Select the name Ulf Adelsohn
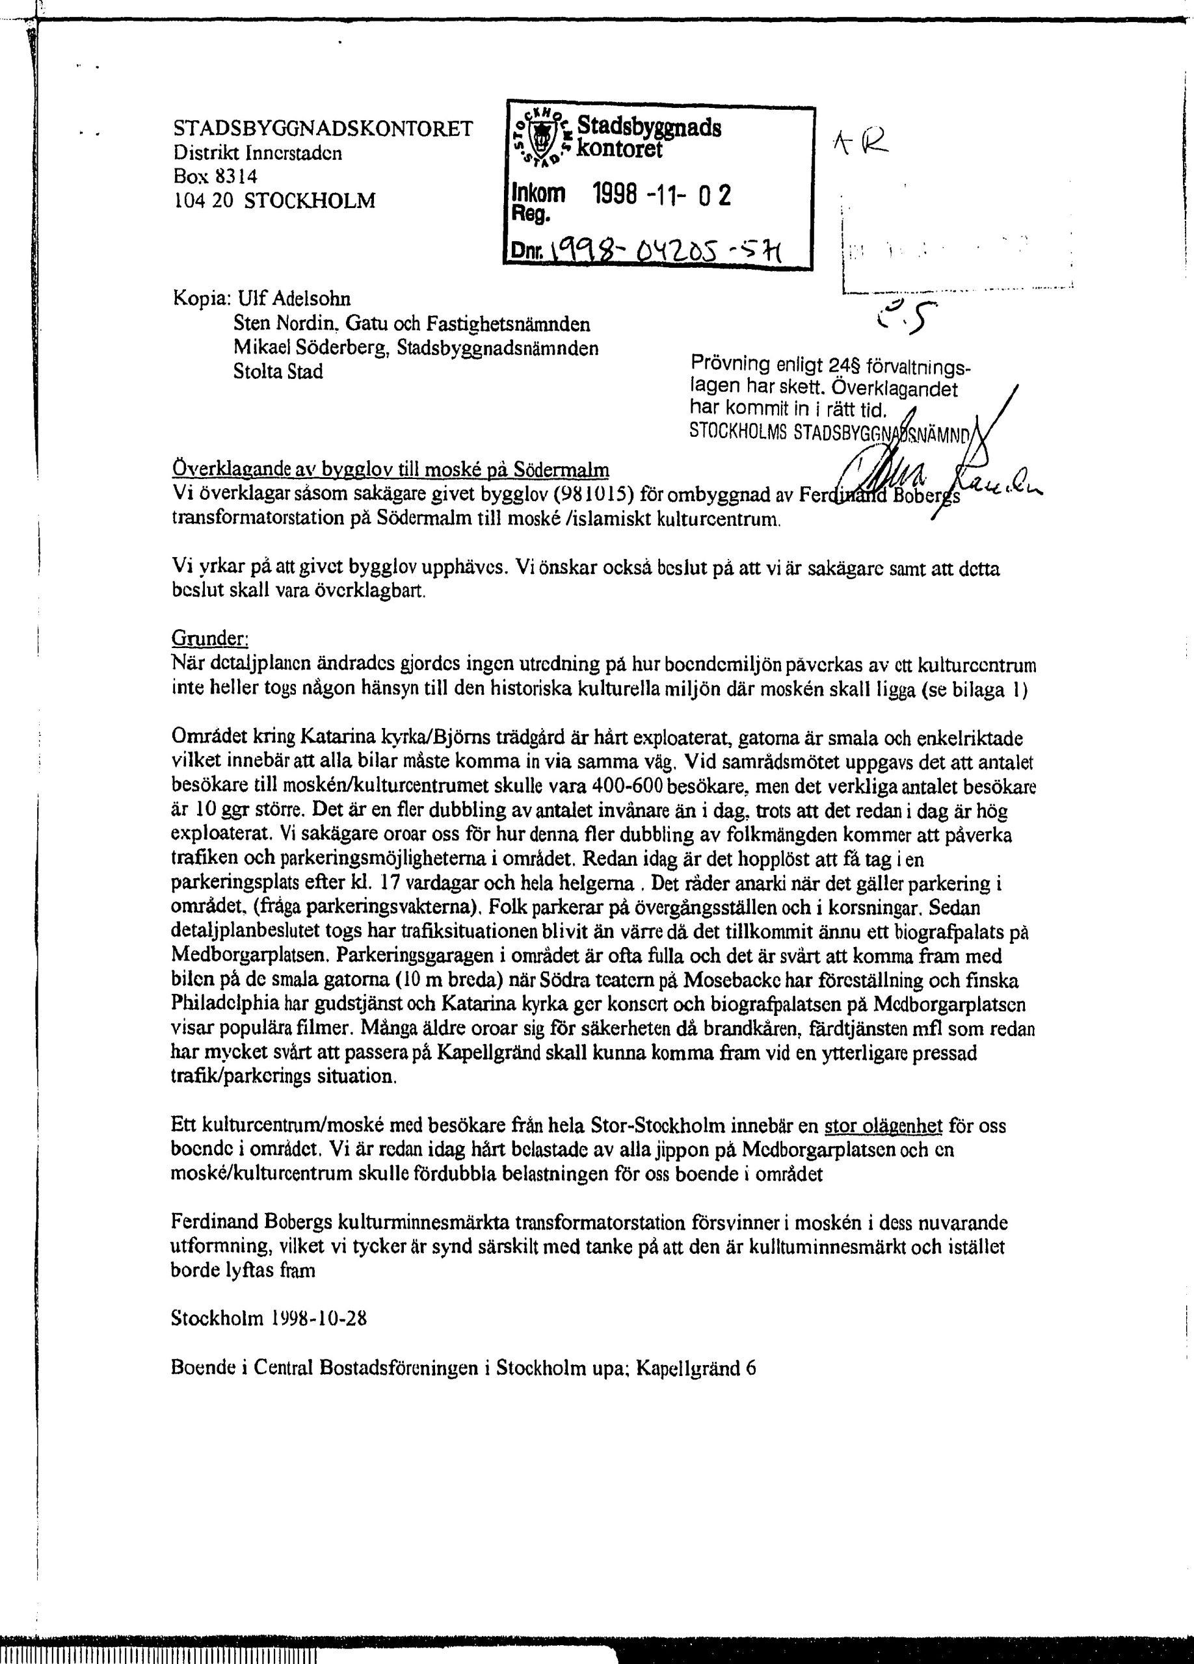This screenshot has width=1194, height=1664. point(292,300)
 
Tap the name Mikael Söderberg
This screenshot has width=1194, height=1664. point(308,348)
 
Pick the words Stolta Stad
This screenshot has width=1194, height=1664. point(278,372)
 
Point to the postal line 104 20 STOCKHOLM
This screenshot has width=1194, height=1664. point(274,200)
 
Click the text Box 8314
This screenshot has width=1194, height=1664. point(215,177)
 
